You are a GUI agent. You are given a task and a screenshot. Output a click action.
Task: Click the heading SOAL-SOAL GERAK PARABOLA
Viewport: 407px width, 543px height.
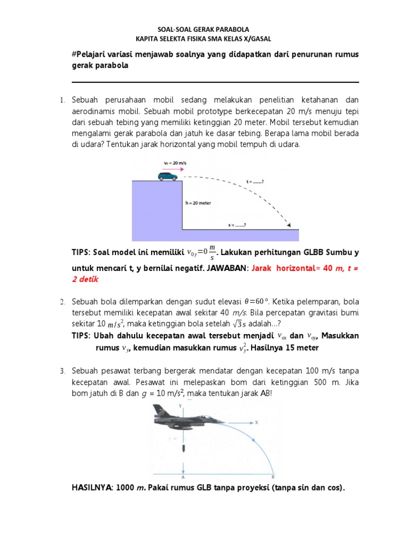tap(203, 30)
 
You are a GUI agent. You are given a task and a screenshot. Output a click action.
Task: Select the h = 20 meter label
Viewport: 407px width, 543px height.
tap(198, 203)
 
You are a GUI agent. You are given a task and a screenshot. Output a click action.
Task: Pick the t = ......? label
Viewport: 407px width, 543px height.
tap(255, 182)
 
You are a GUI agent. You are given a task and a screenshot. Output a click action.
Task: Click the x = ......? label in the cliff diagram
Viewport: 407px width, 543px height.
tap(237, 225)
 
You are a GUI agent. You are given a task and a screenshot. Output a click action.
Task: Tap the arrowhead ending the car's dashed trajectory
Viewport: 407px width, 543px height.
tap(289, 225)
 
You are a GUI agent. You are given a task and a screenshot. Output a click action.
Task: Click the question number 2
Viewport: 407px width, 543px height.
tap(61, 302)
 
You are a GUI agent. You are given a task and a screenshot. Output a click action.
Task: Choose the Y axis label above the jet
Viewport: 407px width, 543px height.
tap(181, 406)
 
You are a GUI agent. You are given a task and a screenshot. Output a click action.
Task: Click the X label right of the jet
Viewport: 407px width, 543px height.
tap(256, 423)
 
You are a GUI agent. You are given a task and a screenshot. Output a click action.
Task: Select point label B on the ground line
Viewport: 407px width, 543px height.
tap(273, 476)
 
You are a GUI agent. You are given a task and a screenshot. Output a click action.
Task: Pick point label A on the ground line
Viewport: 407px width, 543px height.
tap(182, 476)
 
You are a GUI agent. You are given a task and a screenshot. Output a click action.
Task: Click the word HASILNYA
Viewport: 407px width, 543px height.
tap(92, 488)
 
